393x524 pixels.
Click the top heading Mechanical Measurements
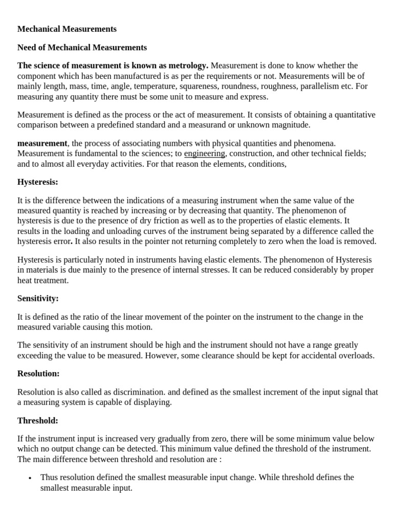[x=67, y=29]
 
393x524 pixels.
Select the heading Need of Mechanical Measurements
[x=82, y=48]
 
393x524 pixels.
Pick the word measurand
[x=217, y=124]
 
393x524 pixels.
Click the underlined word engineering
[x=204, y=153]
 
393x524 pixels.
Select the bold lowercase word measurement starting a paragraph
[x=42, y=143]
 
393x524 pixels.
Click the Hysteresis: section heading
[x=38, y=182]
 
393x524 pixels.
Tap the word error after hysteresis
[x=60, y=241]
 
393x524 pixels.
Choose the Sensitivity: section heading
[x=38, y=298]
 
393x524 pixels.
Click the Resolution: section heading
[x=38, y=374]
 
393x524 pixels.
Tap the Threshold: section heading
[x=38, y=421]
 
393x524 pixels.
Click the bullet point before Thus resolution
[x=30, y=478]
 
